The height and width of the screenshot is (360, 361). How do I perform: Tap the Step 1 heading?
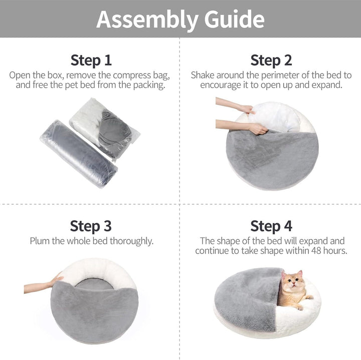pyautogui.click(x=91, y=61)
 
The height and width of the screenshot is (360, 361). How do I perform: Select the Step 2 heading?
pyautogui.click(x=271, y=61)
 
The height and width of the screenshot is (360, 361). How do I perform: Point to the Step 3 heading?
pyautogui.click(x=91, y=226)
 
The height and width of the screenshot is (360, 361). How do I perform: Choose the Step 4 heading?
pyautogui.click(x=271, y=226)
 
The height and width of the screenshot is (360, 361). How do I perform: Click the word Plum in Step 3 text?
pyautogui.click(x=40, y=241)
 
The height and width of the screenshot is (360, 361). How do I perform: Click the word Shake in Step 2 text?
pyautogui.click(x=203, y=75)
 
